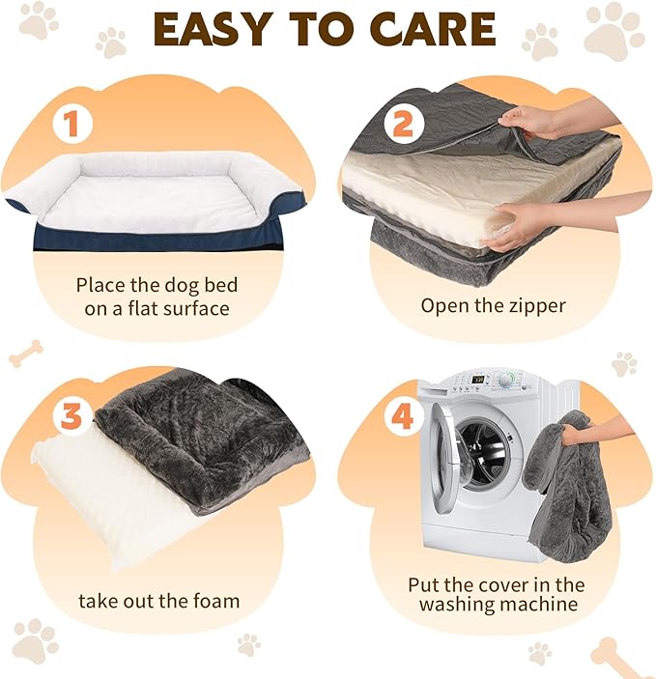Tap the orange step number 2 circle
coord(402,124)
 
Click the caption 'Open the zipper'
coord(493,305)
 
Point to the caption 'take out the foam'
coord(159,601)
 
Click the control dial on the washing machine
coord(502,379)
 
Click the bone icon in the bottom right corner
coord(618,654)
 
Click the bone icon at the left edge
coord(25,354)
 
